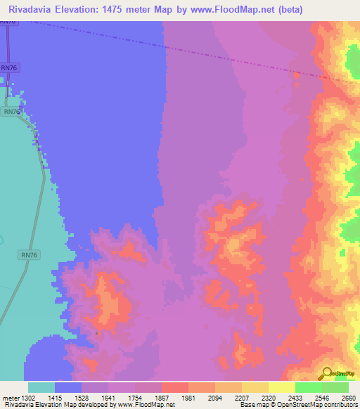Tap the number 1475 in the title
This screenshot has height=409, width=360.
point(130,9)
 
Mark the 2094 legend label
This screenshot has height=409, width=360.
point(213,398)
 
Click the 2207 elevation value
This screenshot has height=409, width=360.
point(240,398)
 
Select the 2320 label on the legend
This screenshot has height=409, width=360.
point(266,398)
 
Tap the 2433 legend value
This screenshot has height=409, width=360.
point(293,398)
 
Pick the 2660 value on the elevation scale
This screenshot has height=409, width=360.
point(347,398)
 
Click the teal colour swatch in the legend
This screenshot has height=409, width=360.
point(41,387)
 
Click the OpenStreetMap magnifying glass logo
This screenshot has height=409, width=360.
point(326,373)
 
